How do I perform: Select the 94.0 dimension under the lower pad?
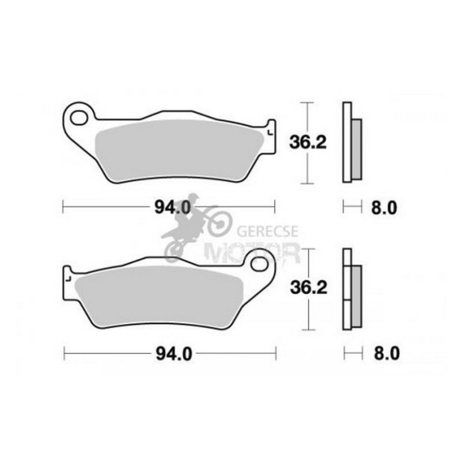click(173, 354)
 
